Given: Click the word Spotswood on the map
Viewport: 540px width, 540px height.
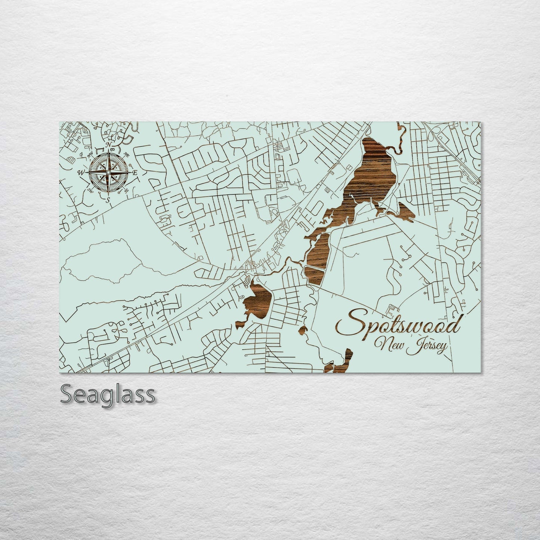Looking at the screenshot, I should (398, 326).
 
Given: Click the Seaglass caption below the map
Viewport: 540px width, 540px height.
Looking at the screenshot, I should (107, 395).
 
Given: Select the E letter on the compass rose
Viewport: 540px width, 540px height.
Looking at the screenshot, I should (135, 173).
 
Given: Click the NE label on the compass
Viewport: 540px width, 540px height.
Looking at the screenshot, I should (126, 155).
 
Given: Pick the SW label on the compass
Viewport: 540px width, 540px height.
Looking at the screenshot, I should (90, 190).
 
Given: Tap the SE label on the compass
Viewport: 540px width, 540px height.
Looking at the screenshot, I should (126, 191).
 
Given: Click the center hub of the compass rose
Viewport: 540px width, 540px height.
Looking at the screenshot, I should (108, 173).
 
